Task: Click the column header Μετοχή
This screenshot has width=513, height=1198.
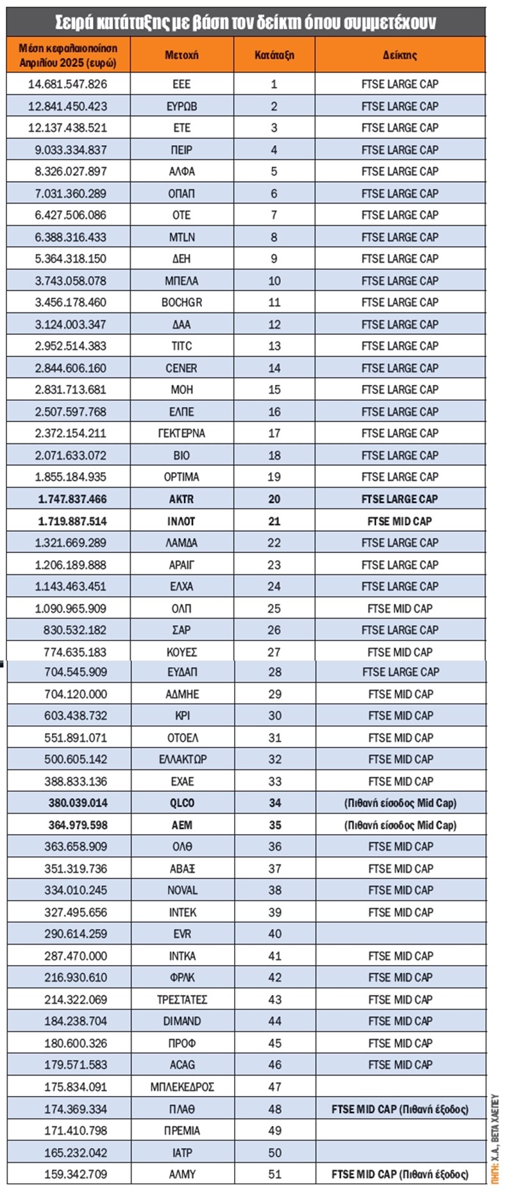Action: (x=181, y=55)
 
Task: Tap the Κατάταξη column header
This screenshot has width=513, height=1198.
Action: (x=274, y=55)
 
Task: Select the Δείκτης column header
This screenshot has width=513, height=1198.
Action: (x=399, y=55)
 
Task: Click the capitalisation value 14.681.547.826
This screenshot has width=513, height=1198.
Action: (x=68, y=84)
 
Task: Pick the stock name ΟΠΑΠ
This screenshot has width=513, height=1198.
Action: (x=181, y=193)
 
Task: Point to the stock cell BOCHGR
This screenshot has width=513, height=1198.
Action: (x=181, y=302)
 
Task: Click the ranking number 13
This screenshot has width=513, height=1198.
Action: (x=274, y=346)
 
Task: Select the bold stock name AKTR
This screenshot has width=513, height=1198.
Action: (x=181, y=499)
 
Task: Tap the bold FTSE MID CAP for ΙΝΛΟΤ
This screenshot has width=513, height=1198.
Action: (x=399, y=521)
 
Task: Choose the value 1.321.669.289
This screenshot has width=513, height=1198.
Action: (x=71, y=543)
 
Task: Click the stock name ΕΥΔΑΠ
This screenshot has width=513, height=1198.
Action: (x=182, y=672)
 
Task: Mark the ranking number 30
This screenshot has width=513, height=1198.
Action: (x=275, y=715)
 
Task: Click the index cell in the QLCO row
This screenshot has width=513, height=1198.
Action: (x=400, y=803)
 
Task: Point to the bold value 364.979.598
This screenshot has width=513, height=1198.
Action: (x=78, y=825)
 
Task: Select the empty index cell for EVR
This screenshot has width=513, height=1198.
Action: (x=400, y=934)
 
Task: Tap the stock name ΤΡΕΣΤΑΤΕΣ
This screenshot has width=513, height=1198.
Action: (x=182, y=999)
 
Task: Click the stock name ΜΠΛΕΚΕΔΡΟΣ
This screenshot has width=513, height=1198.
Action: (x=182, y=1087)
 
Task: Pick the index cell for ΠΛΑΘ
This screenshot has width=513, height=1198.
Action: (x=400, y=1109)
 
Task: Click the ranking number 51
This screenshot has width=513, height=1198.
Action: (x=275, y=1174)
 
